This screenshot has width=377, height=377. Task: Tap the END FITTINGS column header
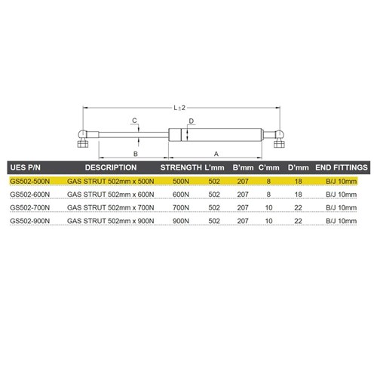click(x=341, y=167)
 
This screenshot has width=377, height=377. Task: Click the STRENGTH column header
click(x=183, y=167)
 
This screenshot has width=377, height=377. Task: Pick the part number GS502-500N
click(x=31, y=181)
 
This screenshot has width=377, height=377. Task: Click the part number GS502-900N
click(x=31, y=221)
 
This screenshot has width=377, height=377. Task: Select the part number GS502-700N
click(x=31, y=207)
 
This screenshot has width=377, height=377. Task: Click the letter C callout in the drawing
click(x=134, y=121)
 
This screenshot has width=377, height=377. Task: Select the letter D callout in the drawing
click(x=192, y=121)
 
